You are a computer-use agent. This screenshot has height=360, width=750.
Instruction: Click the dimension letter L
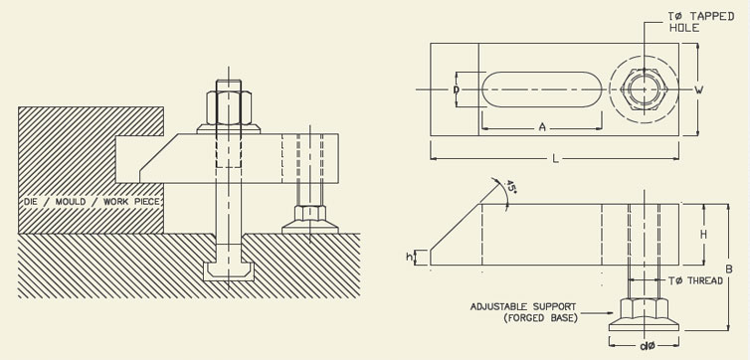555,159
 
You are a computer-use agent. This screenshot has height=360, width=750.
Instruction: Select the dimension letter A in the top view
541,127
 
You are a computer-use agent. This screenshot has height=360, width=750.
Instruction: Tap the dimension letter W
699,90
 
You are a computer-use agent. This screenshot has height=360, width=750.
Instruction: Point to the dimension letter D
456,90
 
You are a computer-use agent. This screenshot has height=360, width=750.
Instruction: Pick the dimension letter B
728,268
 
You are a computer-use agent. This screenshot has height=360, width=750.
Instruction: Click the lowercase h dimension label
411,258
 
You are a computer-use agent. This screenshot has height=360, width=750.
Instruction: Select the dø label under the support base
648,346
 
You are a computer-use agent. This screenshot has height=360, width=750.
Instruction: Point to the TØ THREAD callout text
694,281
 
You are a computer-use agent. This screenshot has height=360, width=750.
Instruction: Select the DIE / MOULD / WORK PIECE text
92,202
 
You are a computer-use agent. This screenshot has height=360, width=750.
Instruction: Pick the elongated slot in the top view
541,90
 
